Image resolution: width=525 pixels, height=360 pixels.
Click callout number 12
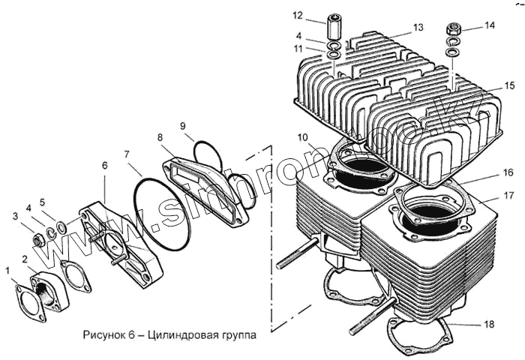(x=298, y=14)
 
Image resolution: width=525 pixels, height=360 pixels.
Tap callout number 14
(x=490, y=25)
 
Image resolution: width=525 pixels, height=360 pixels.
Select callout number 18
(x=489, y=325)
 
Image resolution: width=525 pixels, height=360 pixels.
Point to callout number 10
(x=302, y=137)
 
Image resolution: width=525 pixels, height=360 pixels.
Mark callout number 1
(x=7, y=268)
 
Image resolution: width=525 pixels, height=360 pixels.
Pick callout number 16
(x=508, y=172)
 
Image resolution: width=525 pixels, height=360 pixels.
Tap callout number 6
(x=105, y=165)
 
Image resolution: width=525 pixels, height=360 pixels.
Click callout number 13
(x=418, y=28)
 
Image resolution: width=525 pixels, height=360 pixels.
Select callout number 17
(x=508, y=196)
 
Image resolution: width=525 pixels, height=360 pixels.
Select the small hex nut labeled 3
(x=37, y=241)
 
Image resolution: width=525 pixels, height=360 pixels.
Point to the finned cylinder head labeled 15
(x=397, y=105)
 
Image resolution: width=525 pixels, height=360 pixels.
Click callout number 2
(x=25, y=259)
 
